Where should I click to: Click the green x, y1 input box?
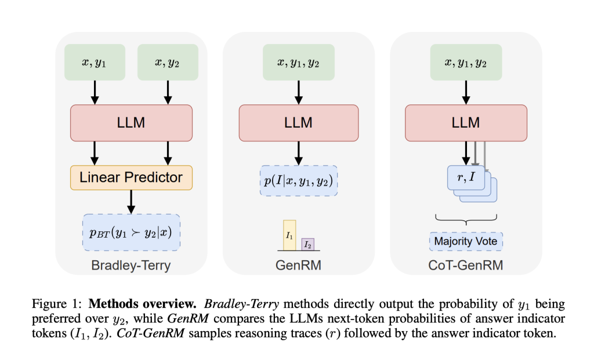pos(95,62)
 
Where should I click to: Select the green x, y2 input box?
pos(167,62)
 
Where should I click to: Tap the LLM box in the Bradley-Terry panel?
pos(131,122)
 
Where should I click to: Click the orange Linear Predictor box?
pos(131,177)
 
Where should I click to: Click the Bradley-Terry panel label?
pos(131,266)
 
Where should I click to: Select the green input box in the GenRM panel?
pos(298,62)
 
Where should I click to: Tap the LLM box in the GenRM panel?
pos(298,122)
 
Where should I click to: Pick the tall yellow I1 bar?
pos(289,235)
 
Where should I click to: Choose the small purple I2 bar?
pos(307,244)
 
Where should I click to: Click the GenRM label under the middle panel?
pos(298,266)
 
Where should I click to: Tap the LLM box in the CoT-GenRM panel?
pos(466,122)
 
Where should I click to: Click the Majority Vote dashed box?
pos(466,241)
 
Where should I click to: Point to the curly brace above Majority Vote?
pos(466,220)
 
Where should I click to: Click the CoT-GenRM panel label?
pos(466,266)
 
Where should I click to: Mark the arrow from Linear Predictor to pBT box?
pos(131,202)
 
